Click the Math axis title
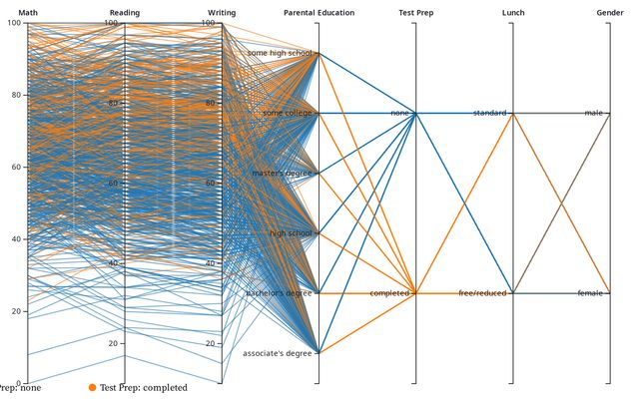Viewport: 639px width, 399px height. click(x=28, y=12)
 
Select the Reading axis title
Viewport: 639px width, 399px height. click(x=125, y=12)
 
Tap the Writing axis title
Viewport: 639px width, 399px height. click(x=222, y=12)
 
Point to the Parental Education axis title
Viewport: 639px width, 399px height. click(x=318, y=12)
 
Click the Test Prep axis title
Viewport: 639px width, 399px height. click(x=415, y=12)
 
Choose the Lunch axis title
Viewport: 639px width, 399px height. click(x=513, y=12)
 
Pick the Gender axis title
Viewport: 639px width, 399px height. click(x=609, y=12)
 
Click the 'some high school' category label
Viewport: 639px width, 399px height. click(x=281, y=53)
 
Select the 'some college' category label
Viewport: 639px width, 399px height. click(x=288, y=114)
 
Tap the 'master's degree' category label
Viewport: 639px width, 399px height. click(x=284, y=174)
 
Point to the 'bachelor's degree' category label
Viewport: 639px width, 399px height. click(x=280, y=293)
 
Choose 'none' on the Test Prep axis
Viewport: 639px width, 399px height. click(x=400, y=114)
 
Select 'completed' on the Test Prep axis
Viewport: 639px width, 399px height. click(x=389, y=293)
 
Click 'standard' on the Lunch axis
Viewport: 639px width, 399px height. click(x=490, y=114)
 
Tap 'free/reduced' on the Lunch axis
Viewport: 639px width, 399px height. click(x=483, y=293)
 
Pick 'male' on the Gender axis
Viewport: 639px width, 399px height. click(x=595, y=114)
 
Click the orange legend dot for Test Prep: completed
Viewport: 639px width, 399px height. click(x=92, y=387)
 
